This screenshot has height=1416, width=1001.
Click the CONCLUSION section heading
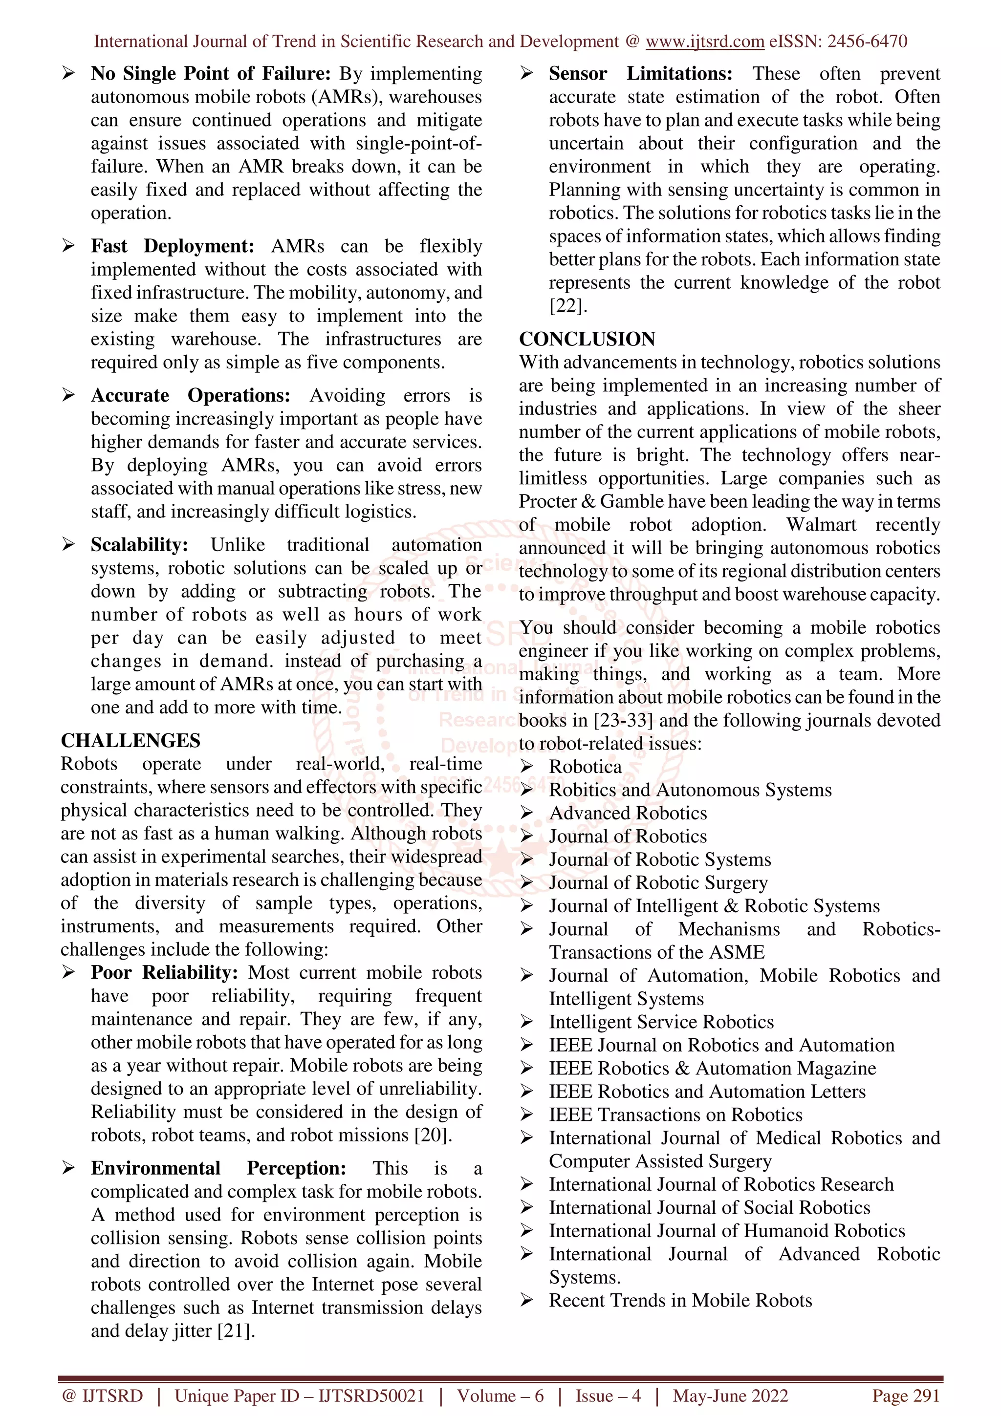(x=587, y=339)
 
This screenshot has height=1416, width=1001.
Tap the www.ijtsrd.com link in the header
(x=704, y=42)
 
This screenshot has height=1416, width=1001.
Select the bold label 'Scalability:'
(x=139, y=545)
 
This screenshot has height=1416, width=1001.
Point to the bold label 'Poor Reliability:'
(x=164, y=972)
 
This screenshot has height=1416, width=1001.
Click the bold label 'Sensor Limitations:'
(x=640, y=73)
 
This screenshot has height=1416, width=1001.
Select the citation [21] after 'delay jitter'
(x=236, y=1330)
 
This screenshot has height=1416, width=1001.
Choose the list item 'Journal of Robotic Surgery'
(x=657, y=882)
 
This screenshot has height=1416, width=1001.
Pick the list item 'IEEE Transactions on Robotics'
(x=675, y=1115)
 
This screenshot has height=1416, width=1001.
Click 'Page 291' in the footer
(x=905, y=1395)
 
